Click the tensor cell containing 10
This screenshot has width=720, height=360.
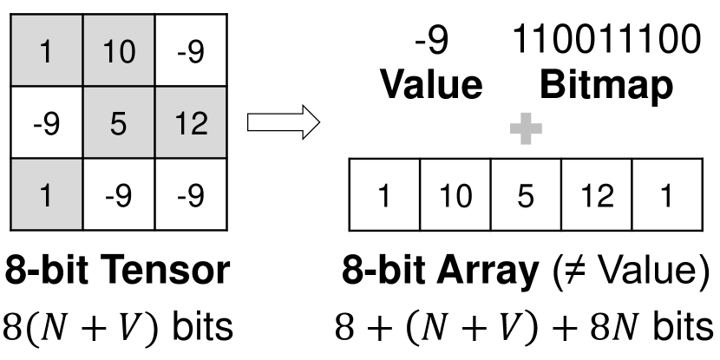click(119, 53)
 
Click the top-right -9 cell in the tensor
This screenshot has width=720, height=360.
click(189, 53)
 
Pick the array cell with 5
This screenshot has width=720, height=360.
click(525, 197)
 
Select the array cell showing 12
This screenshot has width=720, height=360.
click(596, 197)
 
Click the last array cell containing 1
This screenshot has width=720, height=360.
click(666, 197)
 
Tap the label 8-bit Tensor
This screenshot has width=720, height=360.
click(119, 272)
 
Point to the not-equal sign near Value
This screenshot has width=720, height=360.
click(574, 272)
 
